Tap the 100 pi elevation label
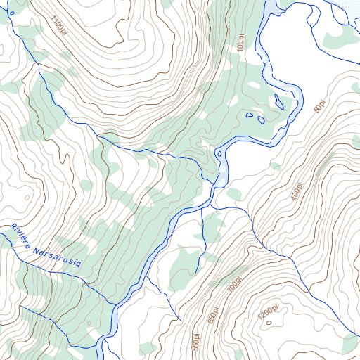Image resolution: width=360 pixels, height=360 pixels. point(240,44)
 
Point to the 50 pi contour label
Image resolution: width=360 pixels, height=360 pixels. point(319,108)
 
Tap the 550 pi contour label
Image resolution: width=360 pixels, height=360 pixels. point(196,342)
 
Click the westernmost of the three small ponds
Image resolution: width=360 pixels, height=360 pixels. point(249,115)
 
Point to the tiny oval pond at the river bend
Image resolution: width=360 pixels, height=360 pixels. point(219,153)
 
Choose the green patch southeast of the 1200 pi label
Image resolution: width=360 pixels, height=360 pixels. point(347,345)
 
